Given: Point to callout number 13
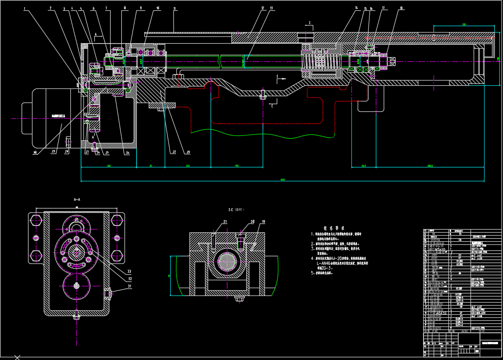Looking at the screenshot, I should tap(272, 8).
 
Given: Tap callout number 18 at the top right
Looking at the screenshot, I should tap(401, 8).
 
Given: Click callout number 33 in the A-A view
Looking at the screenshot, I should tap(129, 272).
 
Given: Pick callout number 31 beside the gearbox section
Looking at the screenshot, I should tap(129, 286).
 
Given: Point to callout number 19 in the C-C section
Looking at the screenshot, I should tap(263, 222).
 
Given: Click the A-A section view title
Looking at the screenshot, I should tap(77, 199).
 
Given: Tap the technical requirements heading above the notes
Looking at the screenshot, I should tap(334, 228).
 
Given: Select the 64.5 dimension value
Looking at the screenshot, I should tap(363, 166).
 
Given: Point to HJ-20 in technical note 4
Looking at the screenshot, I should tap(349, 258).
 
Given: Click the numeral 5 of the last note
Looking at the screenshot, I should tap(312, 273).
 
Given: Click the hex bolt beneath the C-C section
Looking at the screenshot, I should tap(227, 298).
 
